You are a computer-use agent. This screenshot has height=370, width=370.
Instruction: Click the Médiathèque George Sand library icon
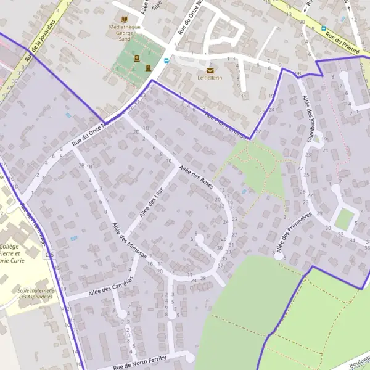pyautogui.click(x=126, y=19)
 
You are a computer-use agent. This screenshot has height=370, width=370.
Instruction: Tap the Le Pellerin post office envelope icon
pyautogui.click(x=210, y=70)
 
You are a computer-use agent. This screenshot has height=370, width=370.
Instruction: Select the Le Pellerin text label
pyautogui.click(x=210, y=78)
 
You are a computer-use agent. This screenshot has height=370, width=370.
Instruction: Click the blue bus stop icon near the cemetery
pyautogui.click(x=166, y=60)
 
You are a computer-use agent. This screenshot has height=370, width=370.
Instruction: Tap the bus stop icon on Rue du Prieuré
pyautogui.click(x=323, y=28)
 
